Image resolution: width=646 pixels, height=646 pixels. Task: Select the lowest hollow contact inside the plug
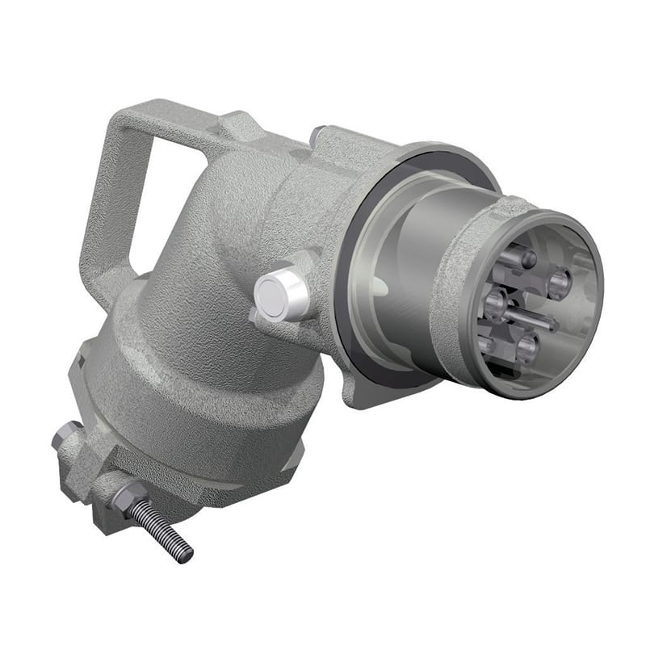pyautogui.click(x=526, y=349)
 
